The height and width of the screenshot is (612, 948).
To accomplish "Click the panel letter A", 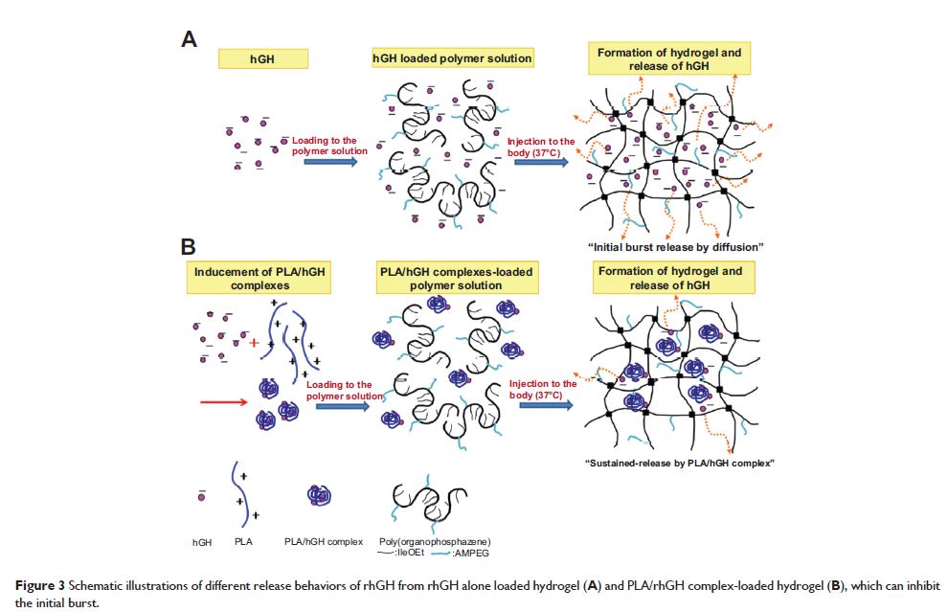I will (190, 39).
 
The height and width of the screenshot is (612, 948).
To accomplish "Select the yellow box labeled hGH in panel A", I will (262, 58).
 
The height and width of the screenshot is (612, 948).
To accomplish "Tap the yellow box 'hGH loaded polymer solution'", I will (451, 58).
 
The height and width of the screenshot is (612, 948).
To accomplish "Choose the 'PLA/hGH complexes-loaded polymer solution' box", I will (455, 279).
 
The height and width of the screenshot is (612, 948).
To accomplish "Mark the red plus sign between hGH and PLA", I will (254, 342).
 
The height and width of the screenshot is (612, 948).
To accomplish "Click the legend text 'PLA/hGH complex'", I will (324, 542).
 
